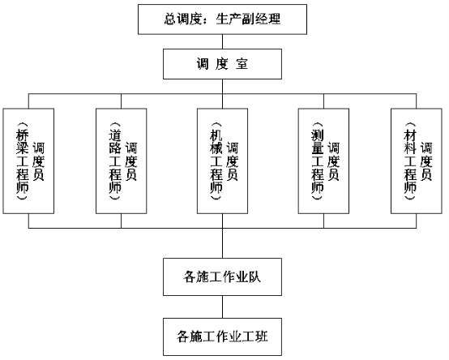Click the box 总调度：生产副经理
(223, 19)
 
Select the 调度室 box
(223, 64)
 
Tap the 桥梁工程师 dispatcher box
(28, 161)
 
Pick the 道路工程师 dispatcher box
(121, 161)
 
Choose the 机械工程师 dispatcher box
(223, 161)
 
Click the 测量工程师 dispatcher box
(323, 161)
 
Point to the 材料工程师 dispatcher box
(417, 161)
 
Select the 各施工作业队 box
(223, 277)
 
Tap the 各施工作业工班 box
(223, 336)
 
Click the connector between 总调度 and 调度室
(223, 42)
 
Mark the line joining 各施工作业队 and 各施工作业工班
(223, 306)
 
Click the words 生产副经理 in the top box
(248, 19)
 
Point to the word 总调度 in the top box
(183, 19)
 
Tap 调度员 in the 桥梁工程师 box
(38, 161)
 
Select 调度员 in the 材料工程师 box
(426, 161)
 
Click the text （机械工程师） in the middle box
(216, 161)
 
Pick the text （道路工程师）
(115, 161)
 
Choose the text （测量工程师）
(317, 161)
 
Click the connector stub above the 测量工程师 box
(324, 101)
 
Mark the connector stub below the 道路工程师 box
(121, 221)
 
